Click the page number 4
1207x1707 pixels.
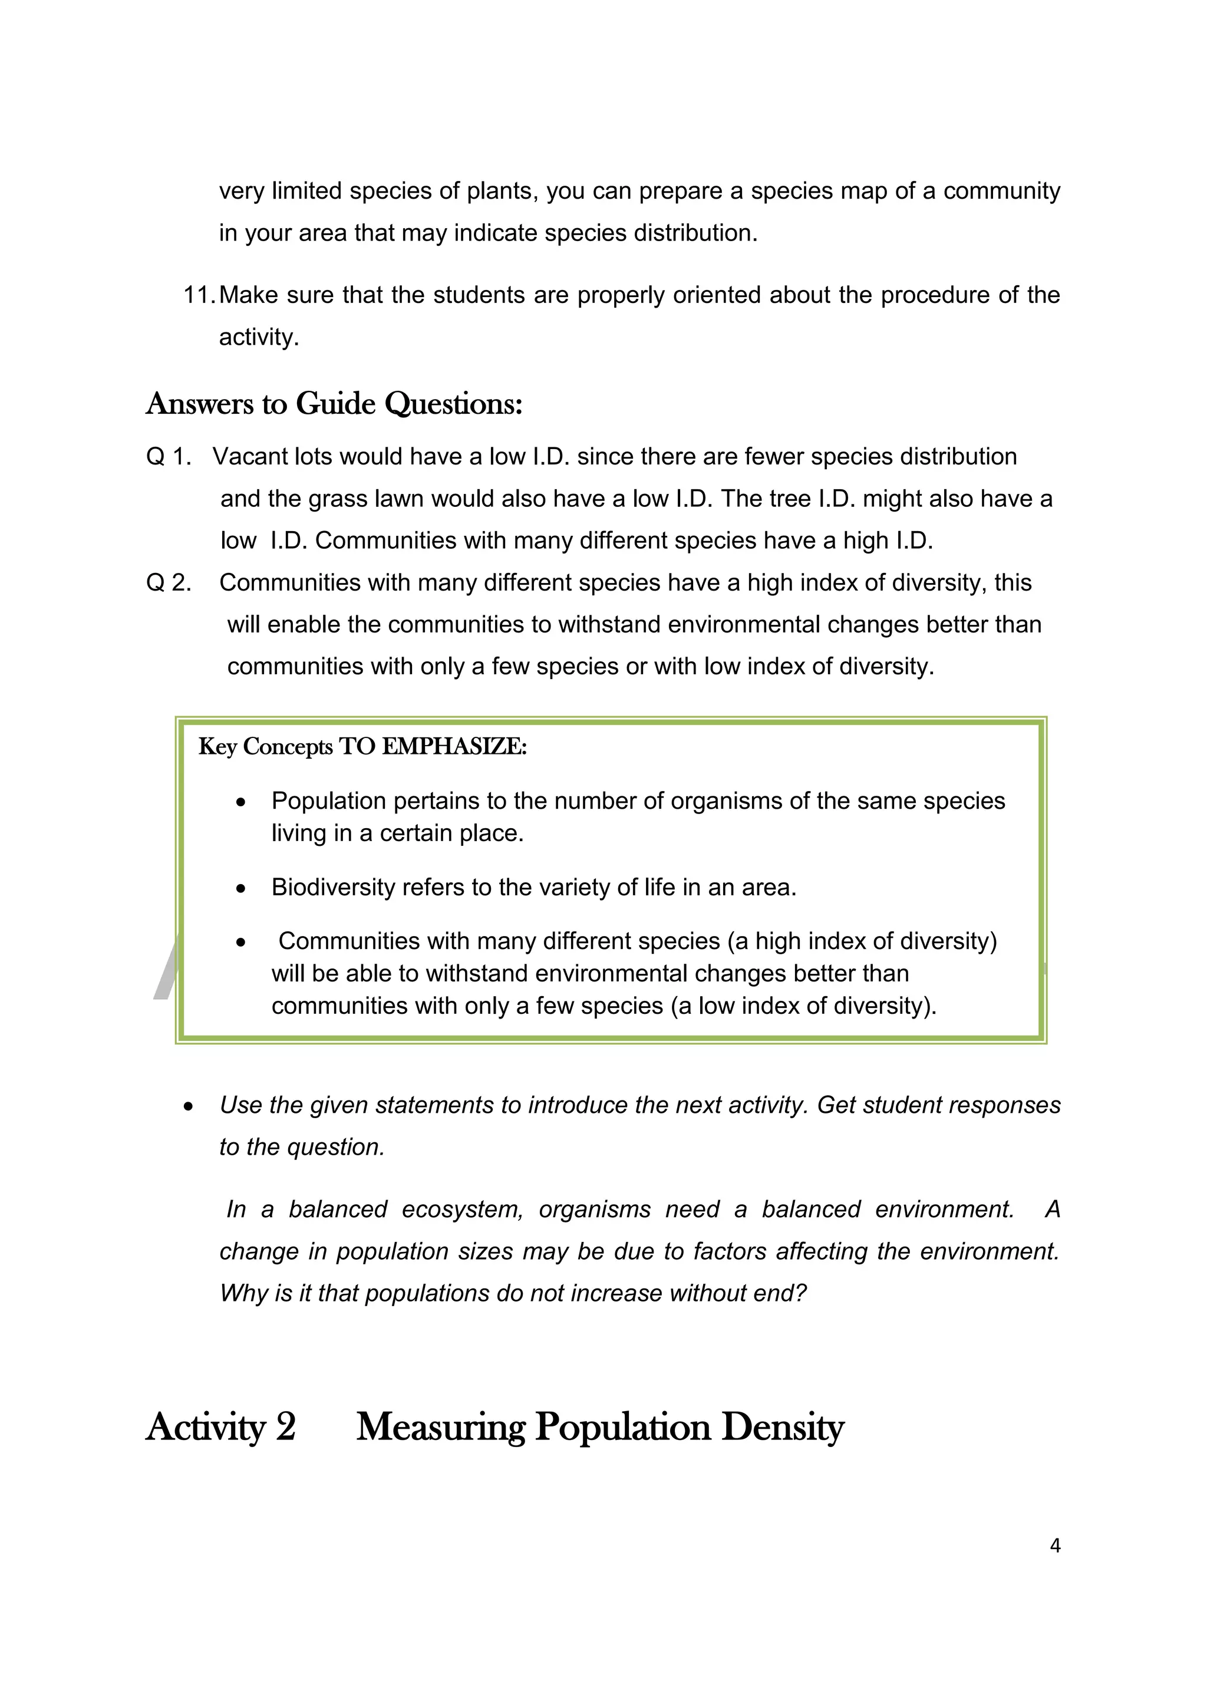(x=1054, y=1545)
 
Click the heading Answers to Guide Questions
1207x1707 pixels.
(x=334, y=404)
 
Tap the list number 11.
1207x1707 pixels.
(x=199, y=295)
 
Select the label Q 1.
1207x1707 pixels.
(x=169, y=456)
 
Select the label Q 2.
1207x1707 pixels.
(x=169, y=582)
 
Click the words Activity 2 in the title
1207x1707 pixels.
(x=221, y=1428)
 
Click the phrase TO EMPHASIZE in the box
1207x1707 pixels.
(x=433, y=746)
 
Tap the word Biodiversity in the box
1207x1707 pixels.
(x=332, y=887)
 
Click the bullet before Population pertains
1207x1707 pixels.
(x=240, y=802)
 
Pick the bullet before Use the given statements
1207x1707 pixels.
(x=188, y=1107)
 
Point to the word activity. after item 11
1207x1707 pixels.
(x=259, y=338)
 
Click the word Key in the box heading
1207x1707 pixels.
(x=217, y=746)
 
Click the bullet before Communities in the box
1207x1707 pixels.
(x=240, y=943)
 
